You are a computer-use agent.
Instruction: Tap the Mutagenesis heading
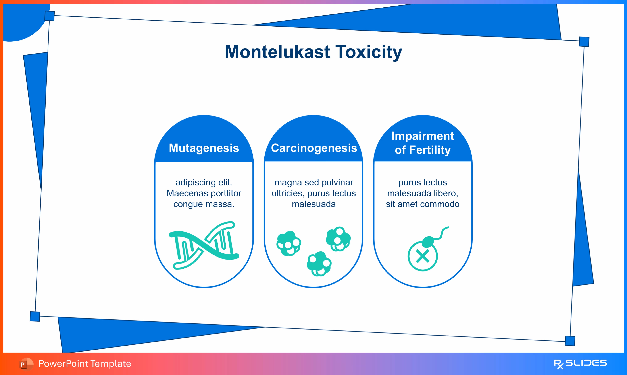(204, 148)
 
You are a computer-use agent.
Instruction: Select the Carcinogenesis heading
(314, 148)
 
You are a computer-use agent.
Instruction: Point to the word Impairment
(423, 136)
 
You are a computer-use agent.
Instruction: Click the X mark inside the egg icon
(423, 256)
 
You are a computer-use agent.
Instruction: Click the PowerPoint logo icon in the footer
(26, 364)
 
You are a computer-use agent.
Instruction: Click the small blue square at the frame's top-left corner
(50, 16)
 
